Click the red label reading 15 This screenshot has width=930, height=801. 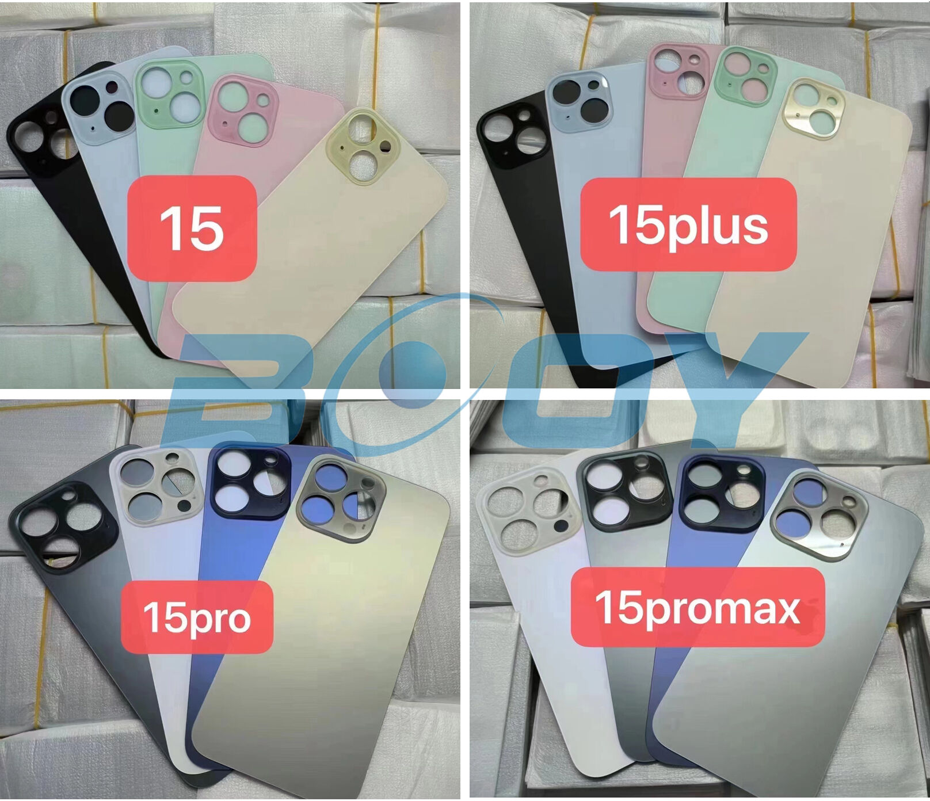[x=192, y=228]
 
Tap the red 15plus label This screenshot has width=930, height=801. [x=688, y=224]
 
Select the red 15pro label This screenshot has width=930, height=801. [x=197, y=617]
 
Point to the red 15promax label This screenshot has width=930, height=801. [x=697, y=607]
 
